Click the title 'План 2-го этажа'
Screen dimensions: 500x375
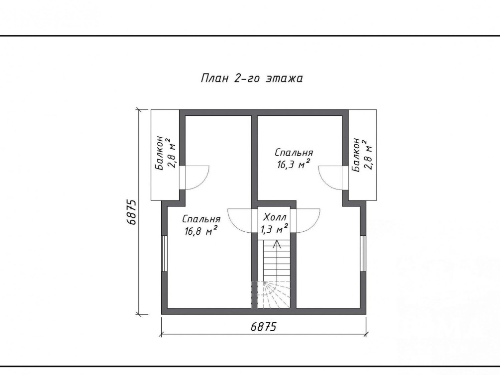point(252,78)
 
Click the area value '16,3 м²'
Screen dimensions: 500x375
point(294,165)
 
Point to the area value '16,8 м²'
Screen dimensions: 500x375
point(201,231)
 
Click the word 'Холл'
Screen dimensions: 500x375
point(275,217)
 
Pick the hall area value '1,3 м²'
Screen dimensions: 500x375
point(274,229)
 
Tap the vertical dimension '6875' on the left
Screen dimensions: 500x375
point(131,212)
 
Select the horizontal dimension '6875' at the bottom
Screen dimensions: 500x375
point(263,326)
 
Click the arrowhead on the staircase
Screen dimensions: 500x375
point(277,243)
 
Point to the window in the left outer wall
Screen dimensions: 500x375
point(164,254)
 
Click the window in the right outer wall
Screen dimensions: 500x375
point(363,254)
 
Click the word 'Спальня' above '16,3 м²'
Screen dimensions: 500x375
point(294,153)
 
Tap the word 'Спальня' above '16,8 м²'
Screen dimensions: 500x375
point(201,219)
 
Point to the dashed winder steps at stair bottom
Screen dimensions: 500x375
point(271,295)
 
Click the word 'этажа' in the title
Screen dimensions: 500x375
point(284,79)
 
